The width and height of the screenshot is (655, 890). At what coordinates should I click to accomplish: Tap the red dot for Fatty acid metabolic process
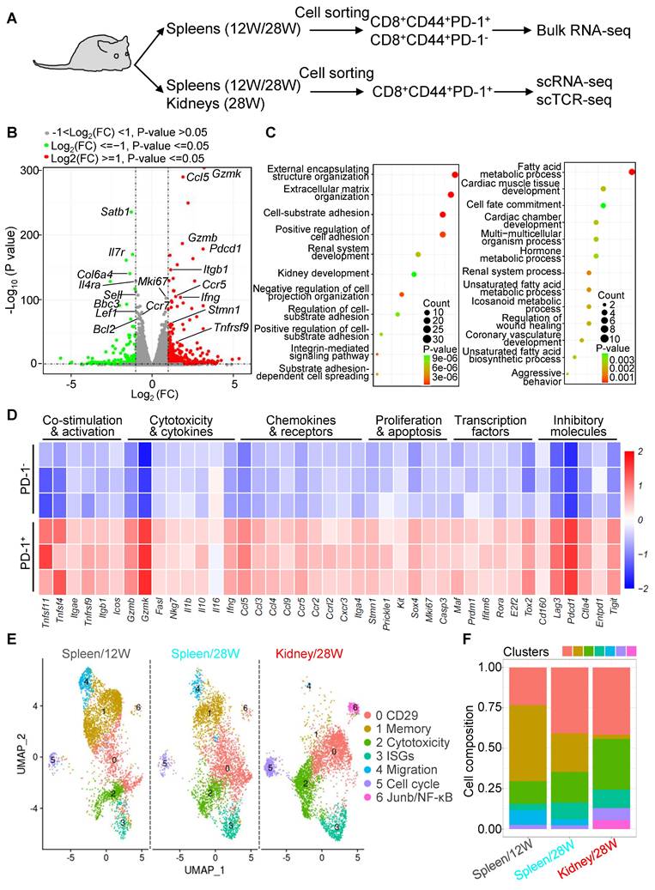pyautogui.click(x=631, y=172)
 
